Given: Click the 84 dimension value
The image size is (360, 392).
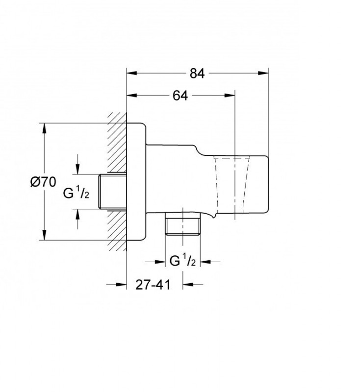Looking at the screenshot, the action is coord(197,73).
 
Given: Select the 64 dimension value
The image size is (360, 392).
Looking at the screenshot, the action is coord(180,96).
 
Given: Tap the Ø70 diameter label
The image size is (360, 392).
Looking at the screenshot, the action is coord(43,182).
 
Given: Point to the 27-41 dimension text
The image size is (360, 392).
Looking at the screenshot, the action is coord(153,285).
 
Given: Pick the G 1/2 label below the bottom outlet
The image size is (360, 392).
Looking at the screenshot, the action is coord(182,261).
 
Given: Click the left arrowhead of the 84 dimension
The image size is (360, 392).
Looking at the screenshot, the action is coord(132,73).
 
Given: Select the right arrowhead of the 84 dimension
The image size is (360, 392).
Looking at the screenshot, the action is coord(263,73).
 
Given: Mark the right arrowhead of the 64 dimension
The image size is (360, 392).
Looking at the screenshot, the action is coord(230,95).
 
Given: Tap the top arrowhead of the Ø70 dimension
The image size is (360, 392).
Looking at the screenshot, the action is coord(44,128).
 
